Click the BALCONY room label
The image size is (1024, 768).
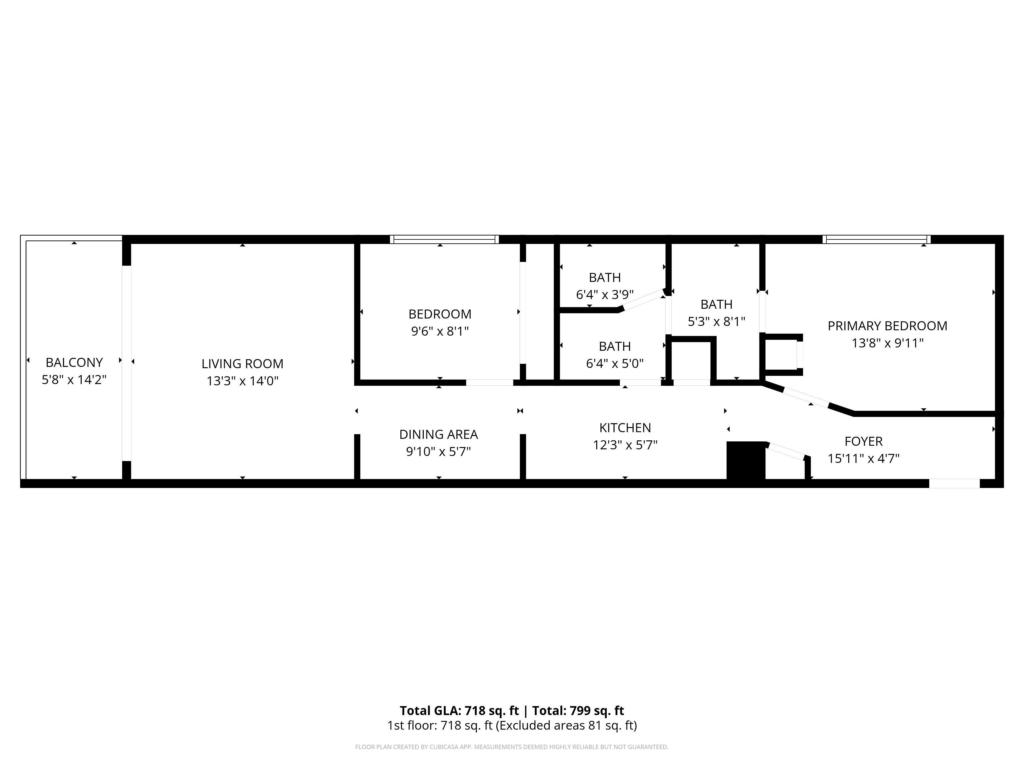click(74, 362)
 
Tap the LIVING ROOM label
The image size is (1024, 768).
click(242, 364)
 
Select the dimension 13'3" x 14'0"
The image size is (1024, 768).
click(242, 381)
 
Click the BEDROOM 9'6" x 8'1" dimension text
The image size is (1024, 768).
click(440, 331)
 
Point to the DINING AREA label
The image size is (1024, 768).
click(438, 435)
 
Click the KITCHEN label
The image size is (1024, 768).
click(625, 428)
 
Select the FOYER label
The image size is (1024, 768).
click(863, 442)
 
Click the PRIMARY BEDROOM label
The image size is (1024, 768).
click(887, 326)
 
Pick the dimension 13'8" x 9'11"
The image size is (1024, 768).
click(887, 343)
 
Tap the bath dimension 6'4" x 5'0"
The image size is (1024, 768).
click(615, 363)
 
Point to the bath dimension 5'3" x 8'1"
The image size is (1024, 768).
click(716, 322)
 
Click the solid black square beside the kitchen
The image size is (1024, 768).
click(746, 460)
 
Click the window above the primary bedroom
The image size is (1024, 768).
click(877, 239)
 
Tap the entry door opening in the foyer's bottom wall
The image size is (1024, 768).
click(955, 483)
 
